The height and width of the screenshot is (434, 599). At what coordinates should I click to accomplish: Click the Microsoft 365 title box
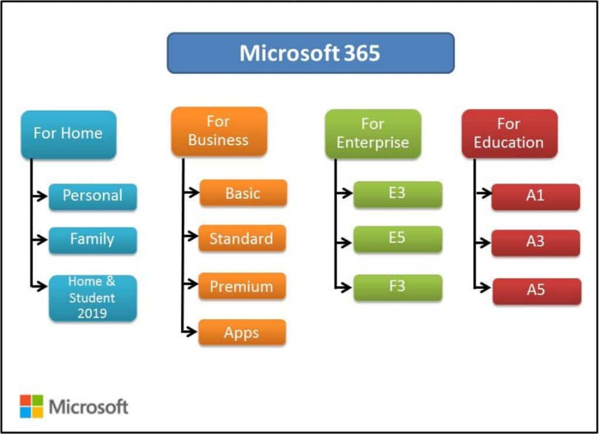point(310,53)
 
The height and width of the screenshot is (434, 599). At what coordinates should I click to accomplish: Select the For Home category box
point(68,134)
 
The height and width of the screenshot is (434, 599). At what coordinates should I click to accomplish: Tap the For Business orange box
point(219,131)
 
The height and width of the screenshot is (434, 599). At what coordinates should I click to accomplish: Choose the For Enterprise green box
point(373,133)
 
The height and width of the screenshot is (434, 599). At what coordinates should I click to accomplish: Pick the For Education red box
point(509,133)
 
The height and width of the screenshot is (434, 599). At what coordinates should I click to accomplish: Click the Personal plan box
point(92,196)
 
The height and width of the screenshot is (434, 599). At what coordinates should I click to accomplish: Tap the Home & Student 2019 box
point(92,298)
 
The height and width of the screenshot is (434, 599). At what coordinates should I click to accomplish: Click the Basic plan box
point(243,193)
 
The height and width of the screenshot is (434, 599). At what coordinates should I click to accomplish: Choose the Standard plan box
point(242,238)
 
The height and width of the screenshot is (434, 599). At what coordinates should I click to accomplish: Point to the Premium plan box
point(242,286)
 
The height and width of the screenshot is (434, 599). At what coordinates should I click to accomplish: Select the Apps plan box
point(242,332)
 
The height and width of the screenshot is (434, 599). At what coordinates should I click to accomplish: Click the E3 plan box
point(397,194)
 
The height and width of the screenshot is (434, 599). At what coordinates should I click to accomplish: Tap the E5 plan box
point(397,239)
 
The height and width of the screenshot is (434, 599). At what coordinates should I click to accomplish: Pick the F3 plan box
point(397,288)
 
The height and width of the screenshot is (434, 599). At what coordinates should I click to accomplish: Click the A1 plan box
point(535,196)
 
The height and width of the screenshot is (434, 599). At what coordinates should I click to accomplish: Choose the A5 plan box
point(536,291)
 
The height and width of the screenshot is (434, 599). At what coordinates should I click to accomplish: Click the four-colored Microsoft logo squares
point(32,406)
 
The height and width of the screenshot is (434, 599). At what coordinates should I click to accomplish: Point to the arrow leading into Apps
point(190,332)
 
